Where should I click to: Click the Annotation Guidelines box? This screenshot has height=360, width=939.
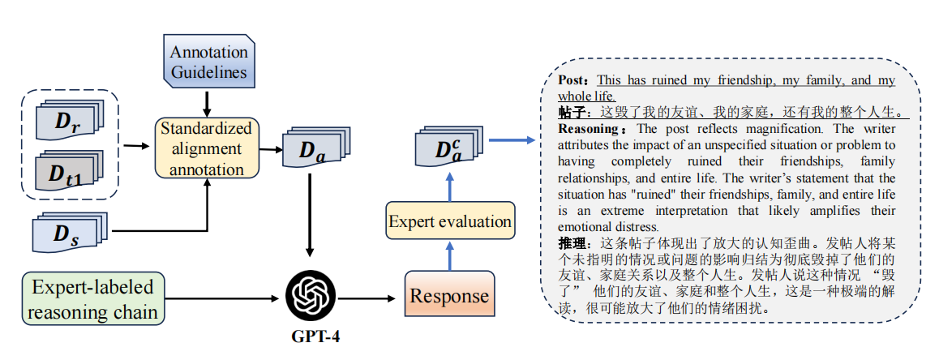[208, 61]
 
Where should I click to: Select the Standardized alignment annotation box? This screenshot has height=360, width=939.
[206, 148]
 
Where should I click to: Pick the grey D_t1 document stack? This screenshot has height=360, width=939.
[69, 171]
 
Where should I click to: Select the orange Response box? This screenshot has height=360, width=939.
[449, 296]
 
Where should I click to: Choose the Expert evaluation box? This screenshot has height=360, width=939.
[449, 221]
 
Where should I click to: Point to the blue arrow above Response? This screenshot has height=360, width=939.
[449, 258]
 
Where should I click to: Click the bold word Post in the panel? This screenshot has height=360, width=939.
[575, 80]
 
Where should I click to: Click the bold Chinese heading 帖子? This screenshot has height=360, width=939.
[573, 112]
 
